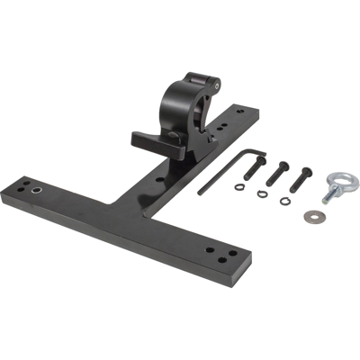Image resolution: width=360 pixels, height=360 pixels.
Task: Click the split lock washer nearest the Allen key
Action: [x=239, y=187]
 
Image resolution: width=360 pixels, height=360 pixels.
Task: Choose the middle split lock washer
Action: [x=261, y=193]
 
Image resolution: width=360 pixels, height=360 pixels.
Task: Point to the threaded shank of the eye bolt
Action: [x=328, y=195]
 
